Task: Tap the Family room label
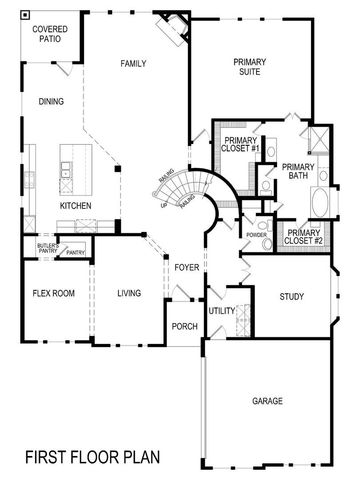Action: point(133,63)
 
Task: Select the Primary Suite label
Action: point(249,67)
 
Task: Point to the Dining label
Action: point(51,101)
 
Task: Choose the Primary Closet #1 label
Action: point(242,144)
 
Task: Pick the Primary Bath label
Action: point(298,171)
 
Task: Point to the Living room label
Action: point(128,294)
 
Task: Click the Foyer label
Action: point(186,268)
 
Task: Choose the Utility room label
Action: point(221,311)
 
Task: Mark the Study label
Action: point(291,297)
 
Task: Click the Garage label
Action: point(267,402)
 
